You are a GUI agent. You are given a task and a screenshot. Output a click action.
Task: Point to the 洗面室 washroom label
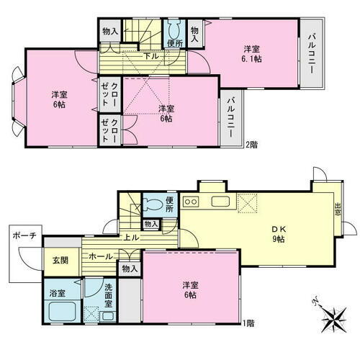point(109,295)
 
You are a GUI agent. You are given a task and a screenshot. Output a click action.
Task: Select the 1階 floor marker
point(249,323)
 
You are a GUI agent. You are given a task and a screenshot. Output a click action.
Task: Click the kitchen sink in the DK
point(220,200)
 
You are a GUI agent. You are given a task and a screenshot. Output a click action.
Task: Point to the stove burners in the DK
point(191,200)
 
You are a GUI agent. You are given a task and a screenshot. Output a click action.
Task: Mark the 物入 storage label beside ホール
point(130,269)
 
